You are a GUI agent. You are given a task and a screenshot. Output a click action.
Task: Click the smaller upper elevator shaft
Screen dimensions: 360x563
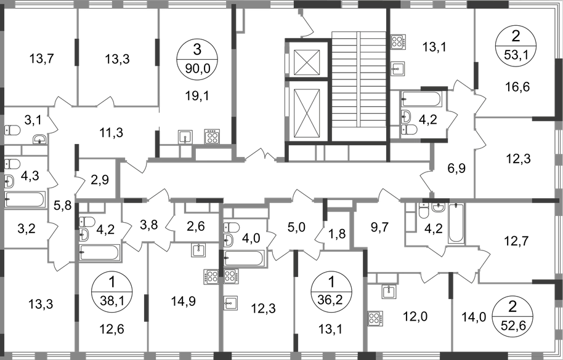[x=306, y=62]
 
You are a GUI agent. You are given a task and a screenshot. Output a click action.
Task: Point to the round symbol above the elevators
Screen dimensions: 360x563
[x=300, y=12]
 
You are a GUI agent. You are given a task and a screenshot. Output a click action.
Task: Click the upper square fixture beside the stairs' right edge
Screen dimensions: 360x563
[x=400, y=42]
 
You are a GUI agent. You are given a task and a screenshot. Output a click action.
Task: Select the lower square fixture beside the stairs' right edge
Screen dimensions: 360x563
[x=400, y=67]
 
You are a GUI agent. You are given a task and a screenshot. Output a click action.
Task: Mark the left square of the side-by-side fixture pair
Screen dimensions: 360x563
[x=212, y=278]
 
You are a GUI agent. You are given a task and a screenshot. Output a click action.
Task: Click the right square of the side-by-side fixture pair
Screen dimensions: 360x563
[x=231, y=278]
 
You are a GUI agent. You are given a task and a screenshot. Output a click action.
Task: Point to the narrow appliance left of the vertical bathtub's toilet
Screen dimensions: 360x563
[x=410, y=222]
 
